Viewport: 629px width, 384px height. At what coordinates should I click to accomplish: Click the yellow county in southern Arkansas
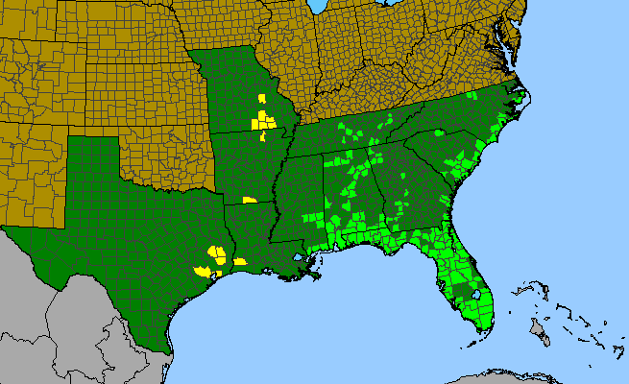click(250, 200)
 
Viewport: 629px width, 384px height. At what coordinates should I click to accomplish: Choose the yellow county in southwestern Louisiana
click(240, 260)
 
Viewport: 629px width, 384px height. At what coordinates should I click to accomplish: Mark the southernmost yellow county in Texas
click(203, 271)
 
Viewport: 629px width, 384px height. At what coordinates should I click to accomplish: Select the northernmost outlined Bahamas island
click(525, 284)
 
